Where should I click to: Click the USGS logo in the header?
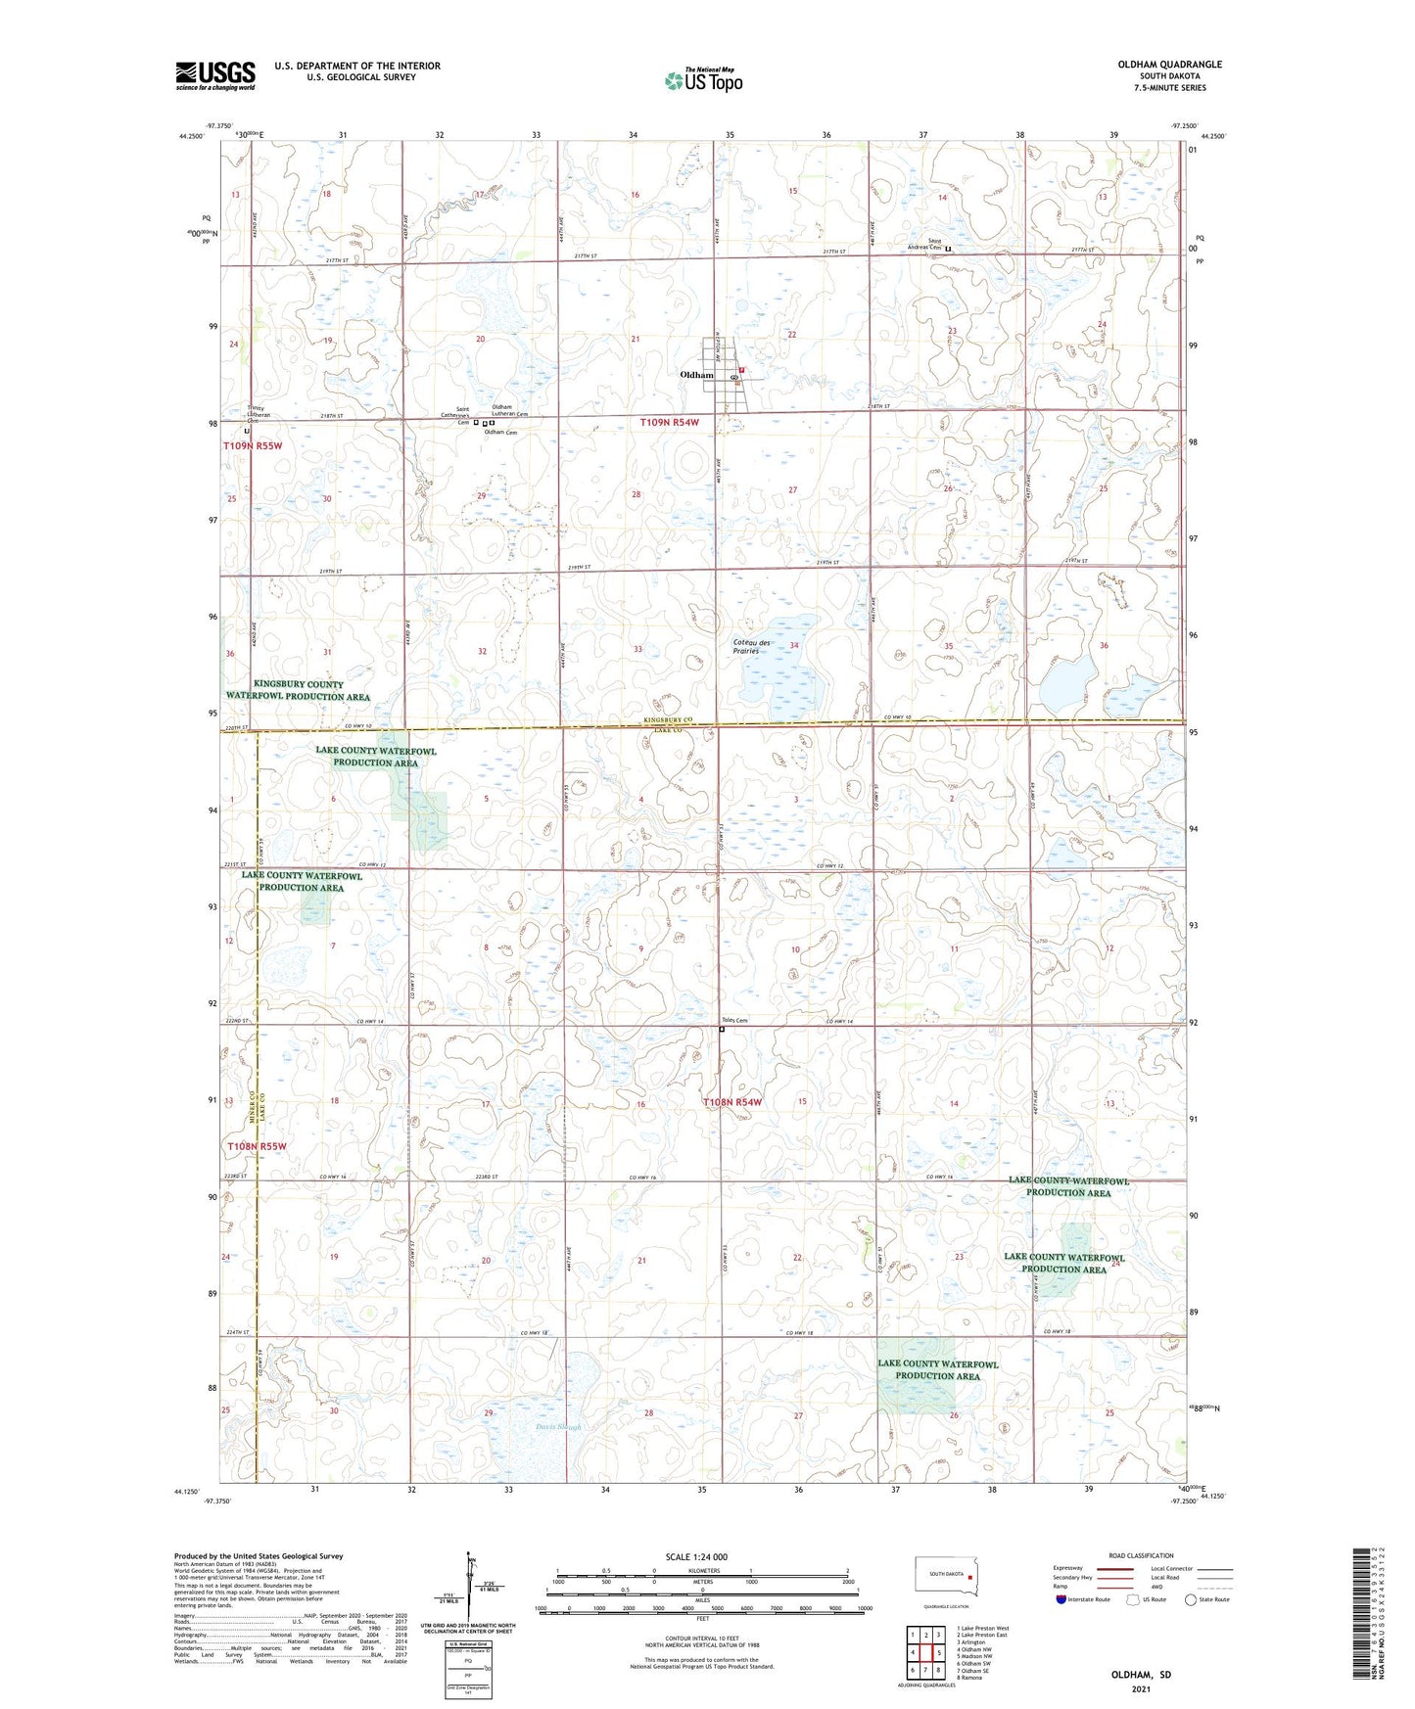(x=215, y=75)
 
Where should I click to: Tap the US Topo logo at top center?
(x=703, y=80)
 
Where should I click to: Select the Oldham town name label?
(x=697, y=375)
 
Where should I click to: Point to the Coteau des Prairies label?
(x=752, y=646)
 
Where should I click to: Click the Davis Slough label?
(x=558, y=1427)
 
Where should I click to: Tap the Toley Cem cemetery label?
(x=734, y=1021)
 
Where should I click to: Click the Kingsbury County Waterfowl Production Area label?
(x=298, y=690)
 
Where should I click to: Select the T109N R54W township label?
(x=670, y=423)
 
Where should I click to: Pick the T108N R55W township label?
(x=257, y=1145)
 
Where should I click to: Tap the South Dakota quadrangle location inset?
(x=945, y=1577)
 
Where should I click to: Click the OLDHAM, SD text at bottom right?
(x=1141, y=1675)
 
